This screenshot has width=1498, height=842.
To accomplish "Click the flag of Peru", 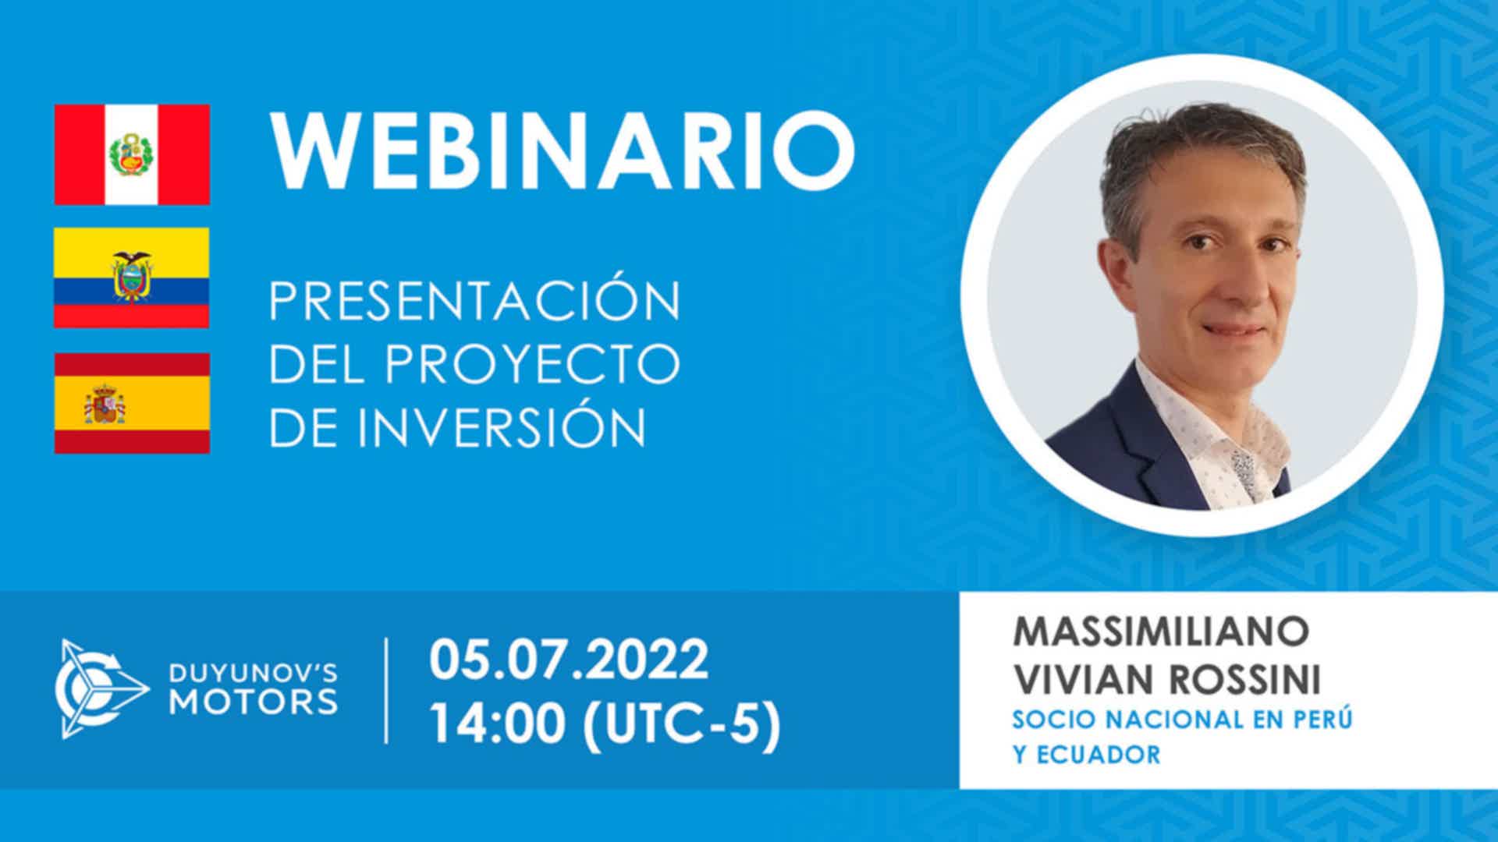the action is [x=132, y=154].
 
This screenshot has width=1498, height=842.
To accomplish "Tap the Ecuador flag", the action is [x=132, y=278].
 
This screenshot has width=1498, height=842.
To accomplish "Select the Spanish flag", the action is [x=132, y=403].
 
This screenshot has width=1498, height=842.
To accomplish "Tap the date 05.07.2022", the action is [x=569, y=660].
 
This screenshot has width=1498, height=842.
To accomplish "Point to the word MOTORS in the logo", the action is [x=254, y=701].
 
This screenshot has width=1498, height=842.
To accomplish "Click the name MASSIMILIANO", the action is [x=1160, y=631].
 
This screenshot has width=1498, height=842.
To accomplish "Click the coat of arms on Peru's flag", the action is [x=132, y=154].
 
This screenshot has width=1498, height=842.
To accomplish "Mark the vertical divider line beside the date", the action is [x=387, y=691].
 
